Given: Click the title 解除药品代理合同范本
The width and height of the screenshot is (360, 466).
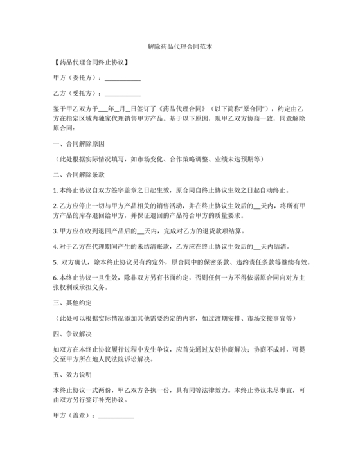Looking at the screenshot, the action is pos(179,48).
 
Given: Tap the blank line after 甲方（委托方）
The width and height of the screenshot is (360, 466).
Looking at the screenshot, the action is pos(122,80).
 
